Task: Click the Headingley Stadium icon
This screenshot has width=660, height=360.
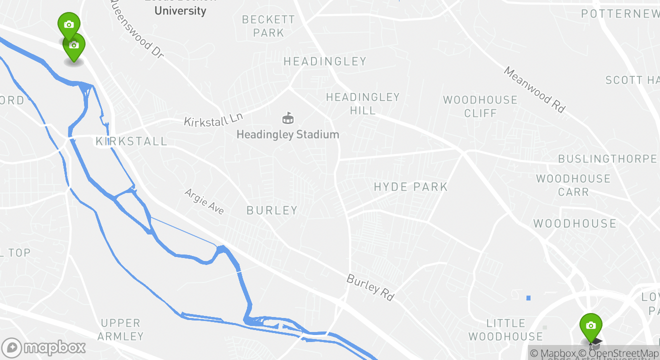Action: (x=288, y=118)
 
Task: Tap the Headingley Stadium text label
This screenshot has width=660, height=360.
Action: (x=287, y=134)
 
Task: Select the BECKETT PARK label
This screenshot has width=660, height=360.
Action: (x=268, y=26)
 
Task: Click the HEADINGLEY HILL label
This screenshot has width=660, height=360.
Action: (x=363, y=104)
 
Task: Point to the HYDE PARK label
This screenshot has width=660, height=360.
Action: (x=410, y=187)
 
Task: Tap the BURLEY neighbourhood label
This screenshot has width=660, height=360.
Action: (x=272, y=210)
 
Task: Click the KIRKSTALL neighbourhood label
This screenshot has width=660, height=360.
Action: (x=131, y=141)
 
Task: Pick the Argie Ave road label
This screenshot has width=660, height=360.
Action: (x=204, y=201)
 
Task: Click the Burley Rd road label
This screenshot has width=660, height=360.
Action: (x=370, y=287)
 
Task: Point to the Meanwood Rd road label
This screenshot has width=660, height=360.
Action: (x=534, y=89)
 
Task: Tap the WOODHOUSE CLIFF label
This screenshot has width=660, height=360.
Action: (x=480, y=106)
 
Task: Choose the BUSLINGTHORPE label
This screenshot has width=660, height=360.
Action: (x=607, y=159)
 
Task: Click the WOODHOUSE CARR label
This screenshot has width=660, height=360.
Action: (x=573, y=185)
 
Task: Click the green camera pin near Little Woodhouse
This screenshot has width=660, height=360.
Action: (x=590, y=325)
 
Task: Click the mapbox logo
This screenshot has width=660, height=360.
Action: (x=44, y=347)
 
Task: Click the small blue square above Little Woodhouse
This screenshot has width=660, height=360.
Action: (x=528, y=298)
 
